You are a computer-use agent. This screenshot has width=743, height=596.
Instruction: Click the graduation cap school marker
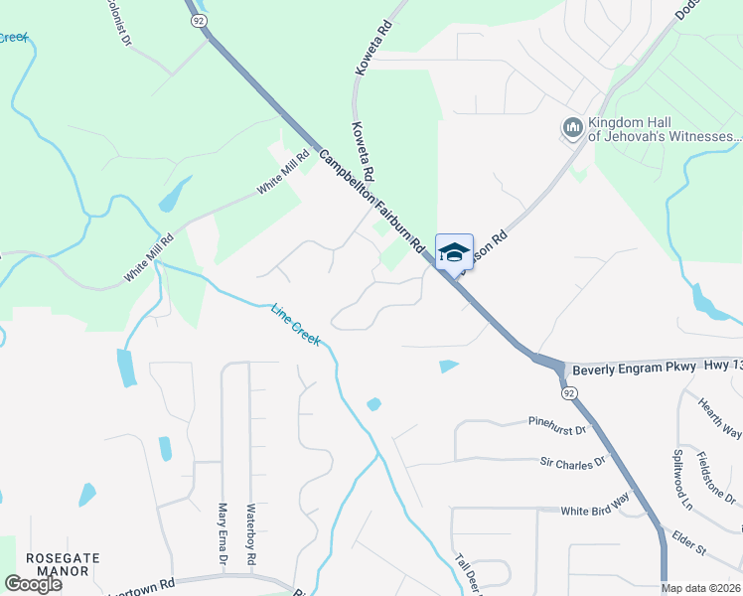tap(454, 252)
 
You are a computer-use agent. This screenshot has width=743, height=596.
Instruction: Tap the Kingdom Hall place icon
tap(572, 127)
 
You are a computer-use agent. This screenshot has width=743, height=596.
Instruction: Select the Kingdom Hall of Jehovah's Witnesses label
tap(665, 129)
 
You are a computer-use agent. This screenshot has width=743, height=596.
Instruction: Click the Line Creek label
tap(296, 324)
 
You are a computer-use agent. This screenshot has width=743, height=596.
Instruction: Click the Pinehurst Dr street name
tap(558, 426)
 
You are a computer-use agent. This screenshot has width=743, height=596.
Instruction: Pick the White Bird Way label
tap(595, 510)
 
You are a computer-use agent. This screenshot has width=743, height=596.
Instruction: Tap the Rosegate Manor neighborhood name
tap(63, 564)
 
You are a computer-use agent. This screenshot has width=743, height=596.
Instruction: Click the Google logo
tap(33, 584)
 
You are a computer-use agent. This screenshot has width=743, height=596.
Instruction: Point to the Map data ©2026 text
tap(701, 588)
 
